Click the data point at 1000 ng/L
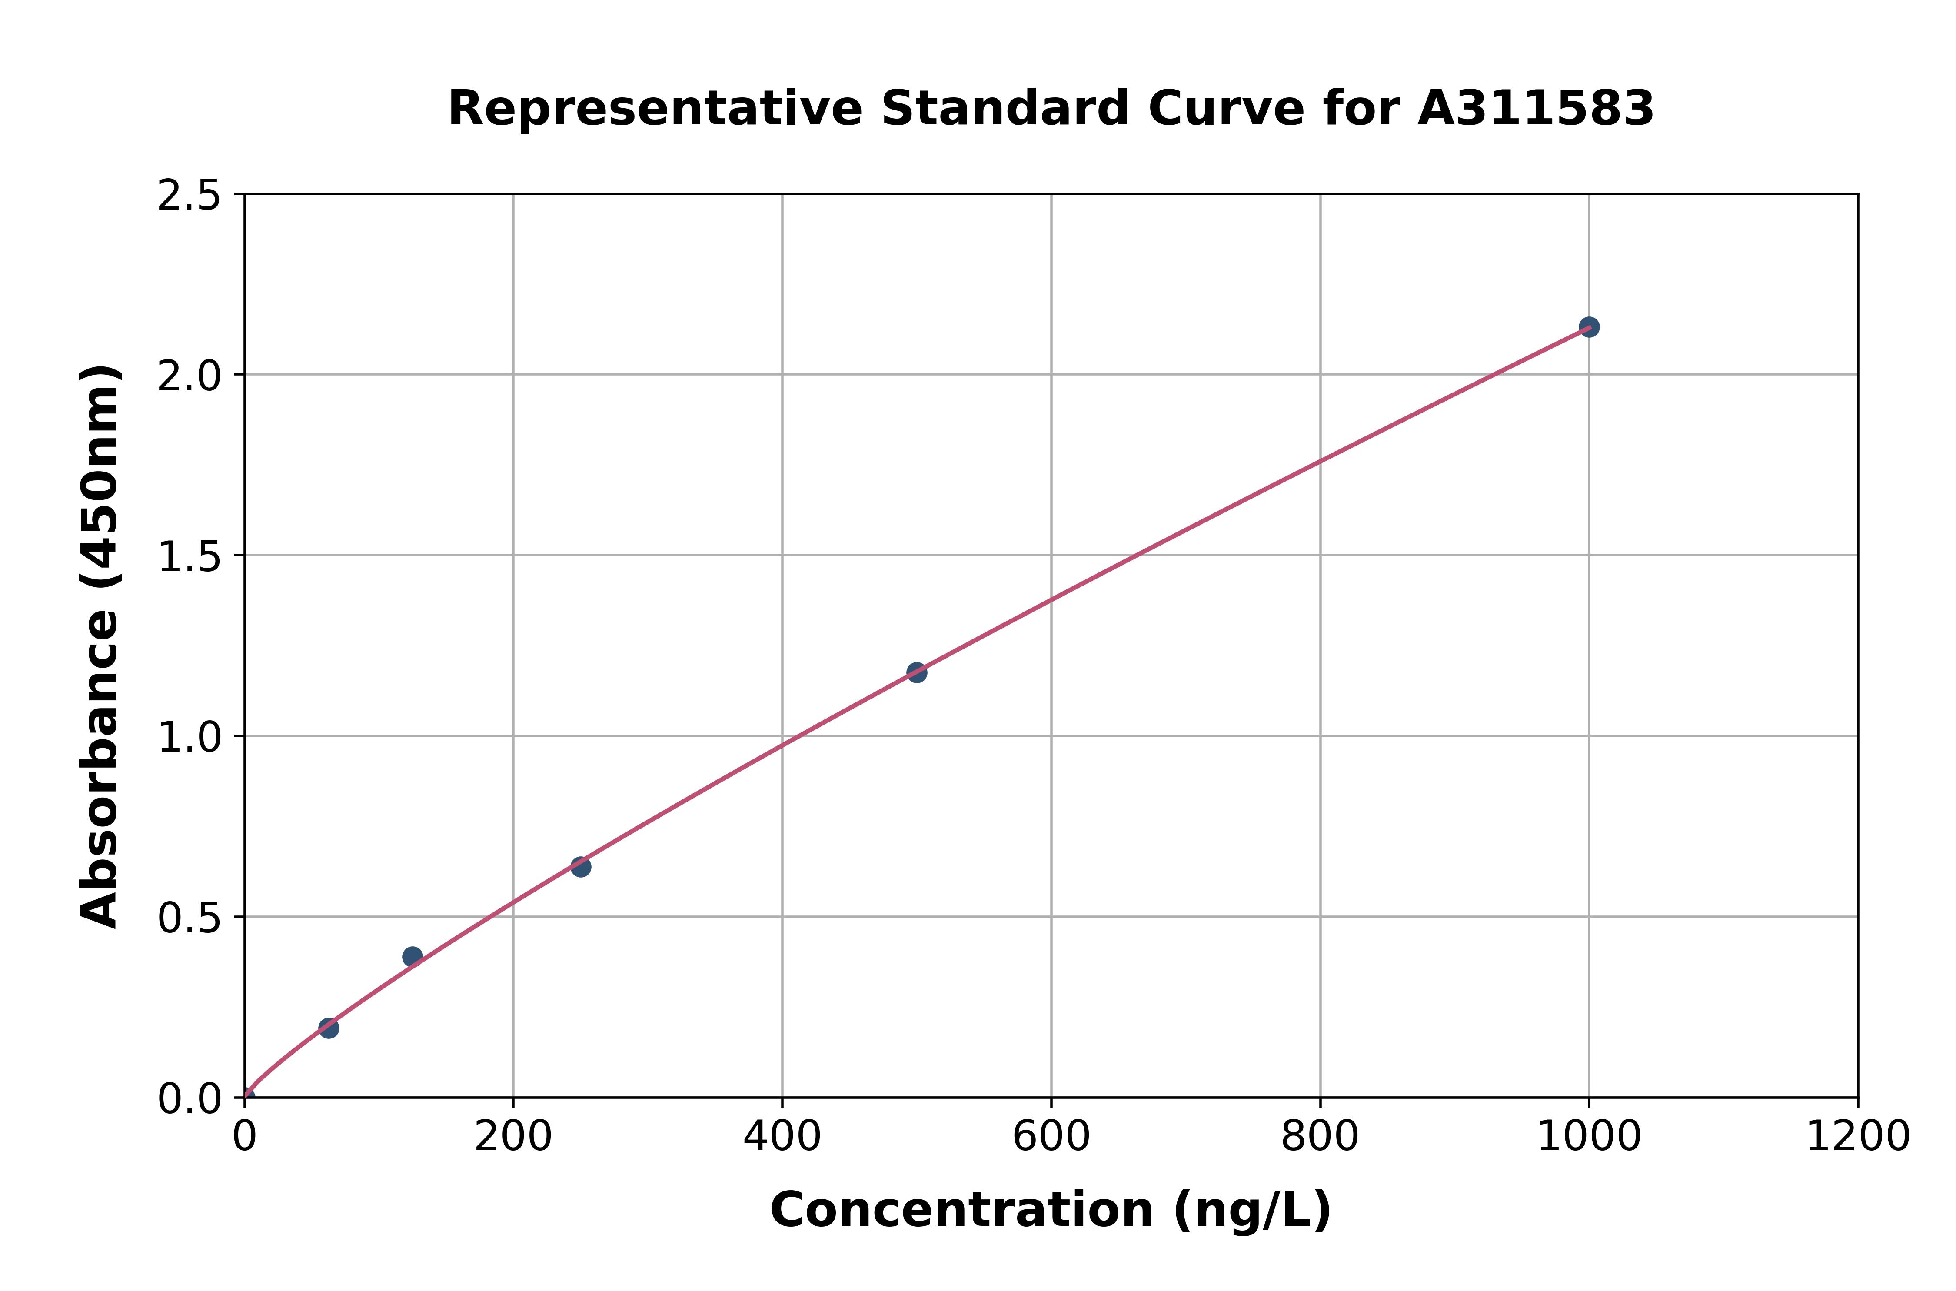(1589, 327)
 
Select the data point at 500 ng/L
(916, 673)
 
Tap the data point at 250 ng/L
(580, 866)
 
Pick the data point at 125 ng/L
(412, 956)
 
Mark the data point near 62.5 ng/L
(329, 1028)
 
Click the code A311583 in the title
(1535, 109)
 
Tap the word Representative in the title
(655, 109)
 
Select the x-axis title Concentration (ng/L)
(1051, 1210)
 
